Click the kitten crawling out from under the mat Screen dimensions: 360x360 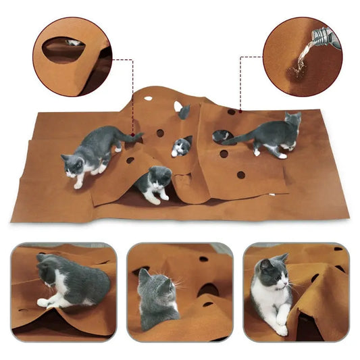coord(154,184)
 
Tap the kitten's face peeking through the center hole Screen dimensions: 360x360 coord(180,147)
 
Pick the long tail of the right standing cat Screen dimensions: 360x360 coord(233,140)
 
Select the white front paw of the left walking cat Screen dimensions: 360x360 coord(78,184)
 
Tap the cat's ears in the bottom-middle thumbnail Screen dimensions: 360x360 coord(155,276)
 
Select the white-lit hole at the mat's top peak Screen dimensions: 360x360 coord(178,106)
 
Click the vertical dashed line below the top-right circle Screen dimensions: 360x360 coord(241,81)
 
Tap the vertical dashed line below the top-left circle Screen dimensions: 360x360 coord(134,81)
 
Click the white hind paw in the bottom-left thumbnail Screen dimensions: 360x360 coord(44,303)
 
